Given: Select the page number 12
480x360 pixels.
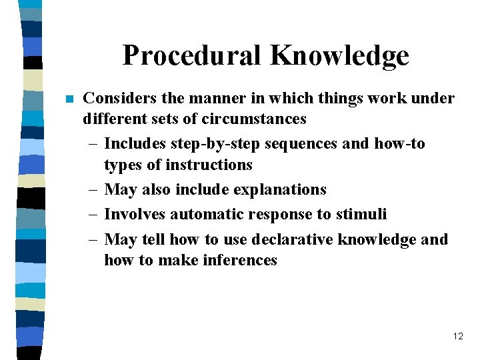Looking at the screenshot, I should [x=458, y=336].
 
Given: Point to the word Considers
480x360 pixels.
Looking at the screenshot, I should [x=120, y=99].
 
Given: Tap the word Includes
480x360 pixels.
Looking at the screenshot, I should [x=137, y=143].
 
